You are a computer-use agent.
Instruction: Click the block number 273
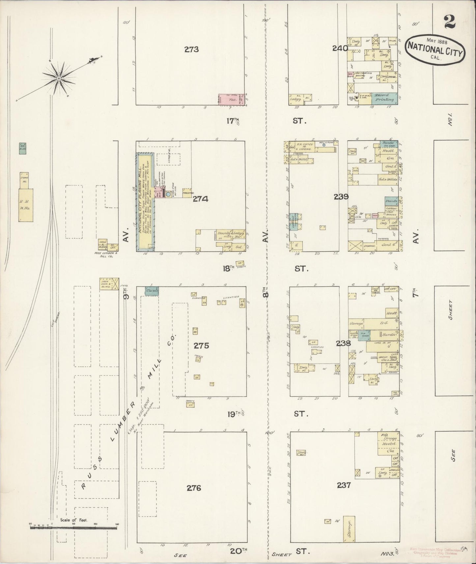click(192, 50)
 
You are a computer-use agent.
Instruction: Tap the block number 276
click(194, 488)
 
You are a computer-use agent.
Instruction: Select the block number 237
click(344, 485)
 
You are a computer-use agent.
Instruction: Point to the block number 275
click(201, 346)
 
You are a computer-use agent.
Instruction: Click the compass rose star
click(59, 78)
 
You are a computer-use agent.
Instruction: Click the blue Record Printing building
click(385, 98)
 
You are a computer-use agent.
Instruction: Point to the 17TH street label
click(232, 121)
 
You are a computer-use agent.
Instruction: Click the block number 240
click(340, 48)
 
